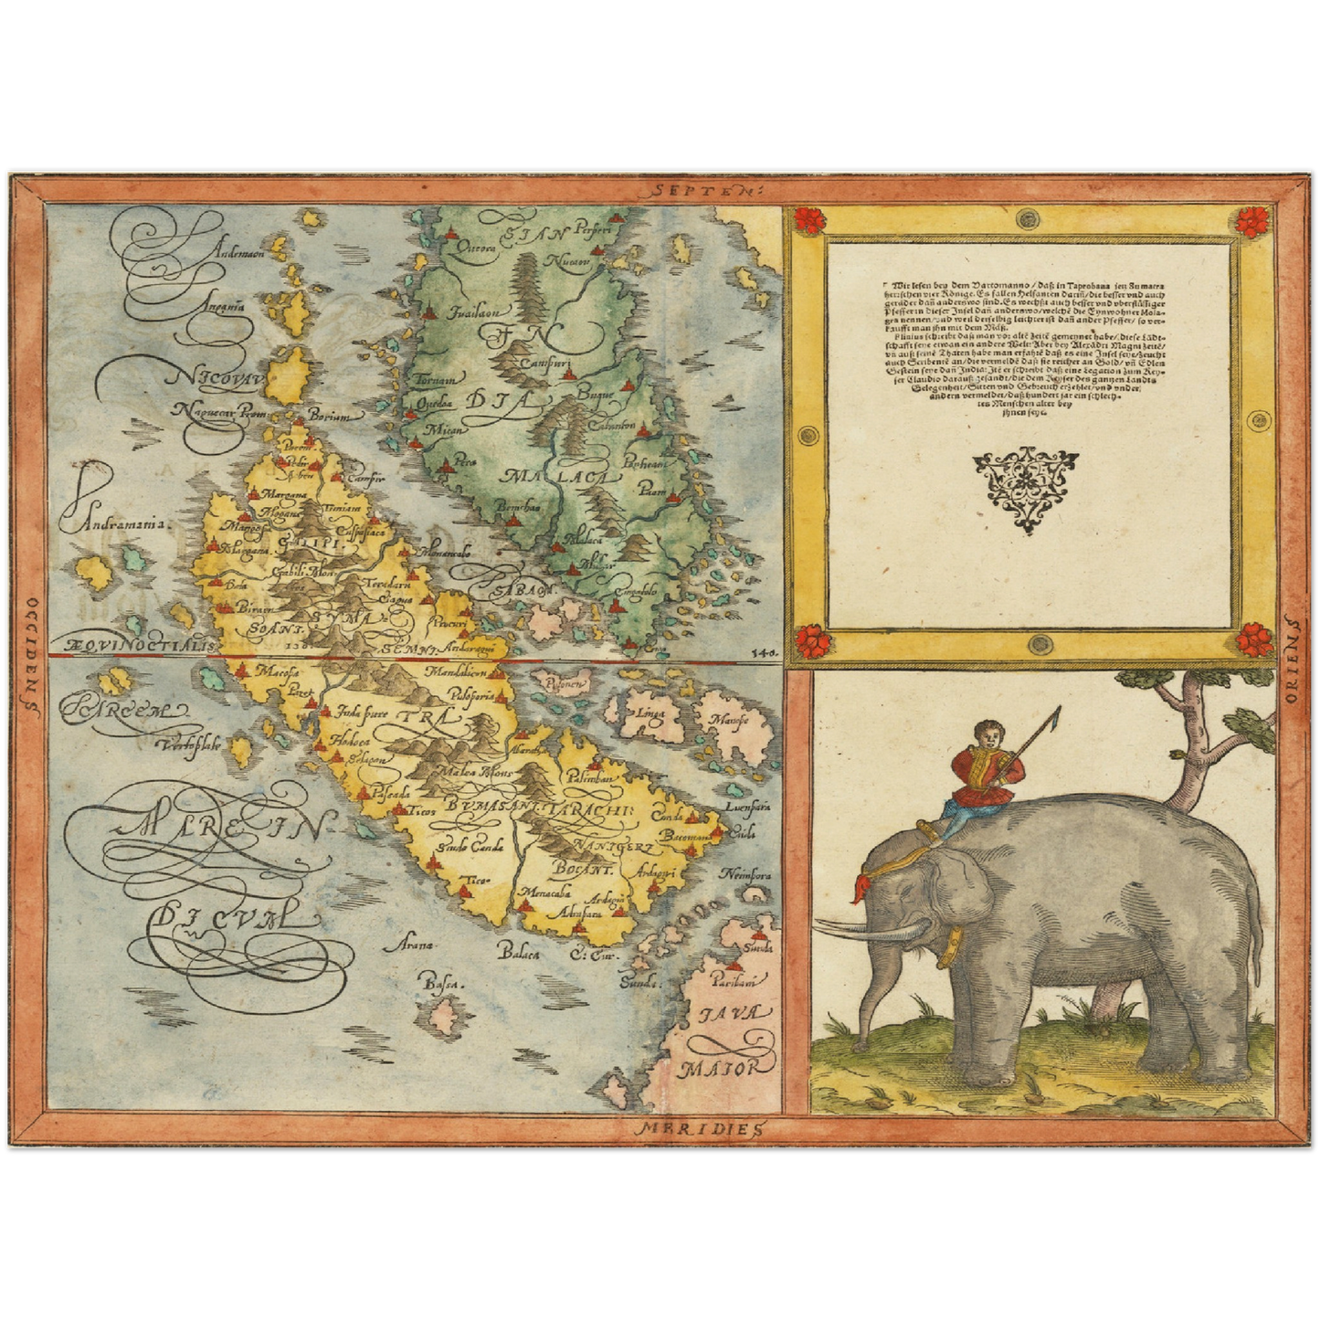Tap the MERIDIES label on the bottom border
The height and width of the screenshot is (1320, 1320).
(696, 1129)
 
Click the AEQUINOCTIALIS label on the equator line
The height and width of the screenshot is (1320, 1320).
(135, 644)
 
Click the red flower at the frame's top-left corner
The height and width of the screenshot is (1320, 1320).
(808, 220)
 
